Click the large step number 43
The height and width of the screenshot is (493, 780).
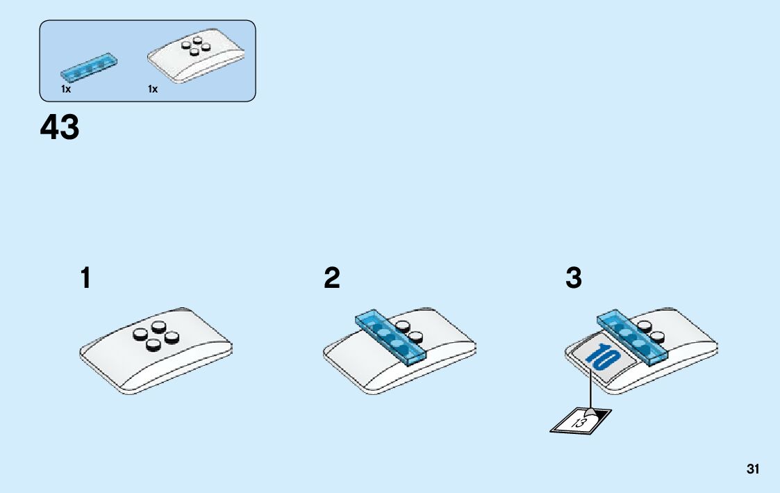click(60, 128)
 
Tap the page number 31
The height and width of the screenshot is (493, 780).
click(753, 469)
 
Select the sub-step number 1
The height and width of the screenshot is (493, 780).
click(85, 279)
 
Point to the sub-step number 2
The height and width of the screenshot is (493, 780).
click(332, 279)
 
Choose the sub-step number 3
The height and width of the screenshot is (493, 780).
click(573, 279)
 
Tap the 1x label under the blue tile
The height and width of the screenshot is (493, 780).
click(65, 89)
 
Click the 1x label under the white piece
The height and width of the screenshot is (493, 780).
click(152, 89)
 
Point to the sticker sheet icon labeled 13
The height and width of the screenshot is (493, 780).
click(581, 420)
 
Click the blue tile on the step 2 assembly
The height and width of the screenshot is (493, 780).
click(391, 338)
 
